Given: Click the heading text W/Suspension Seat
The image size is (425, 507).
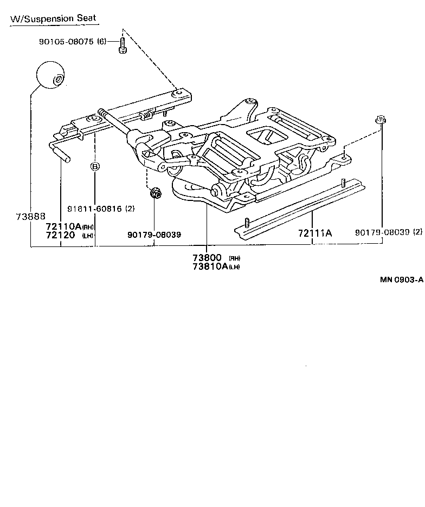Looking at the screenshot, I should point(53,18).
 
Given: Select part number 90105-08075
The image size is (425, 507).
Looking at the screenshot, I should point(66,42).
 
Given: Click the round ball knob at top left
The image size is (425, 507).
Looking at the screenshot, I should point(50,74).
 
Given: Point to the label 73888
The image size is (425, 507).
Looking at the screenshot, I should point(30,216).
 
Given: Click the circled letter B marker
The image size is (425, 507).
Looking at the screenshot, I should point(95,166).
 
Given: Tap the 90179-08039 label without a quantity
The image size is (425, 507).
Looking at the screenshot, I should point(154,235).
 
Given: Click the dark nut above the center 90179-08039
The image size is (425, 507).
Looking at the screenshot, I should point(154,193).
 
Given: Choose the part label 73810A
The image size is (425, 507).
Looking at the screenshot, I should point(210,266).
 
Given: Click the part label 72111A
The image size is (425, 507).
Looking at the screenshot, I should point(314,233).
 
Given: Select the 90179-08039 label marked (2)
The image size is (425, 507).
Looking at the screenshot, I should point(383,232).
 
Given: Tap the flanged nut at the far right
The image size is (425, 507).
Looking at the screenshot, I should point(381,121).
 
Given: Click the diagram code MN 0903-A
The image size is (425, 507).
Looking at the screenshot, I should point(401,279).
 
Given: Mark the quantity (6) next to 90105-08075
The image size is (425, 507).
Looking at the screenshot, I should point(102,42).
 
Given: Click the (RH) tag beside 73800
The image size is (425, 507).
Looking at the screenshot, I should point(234,258).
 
